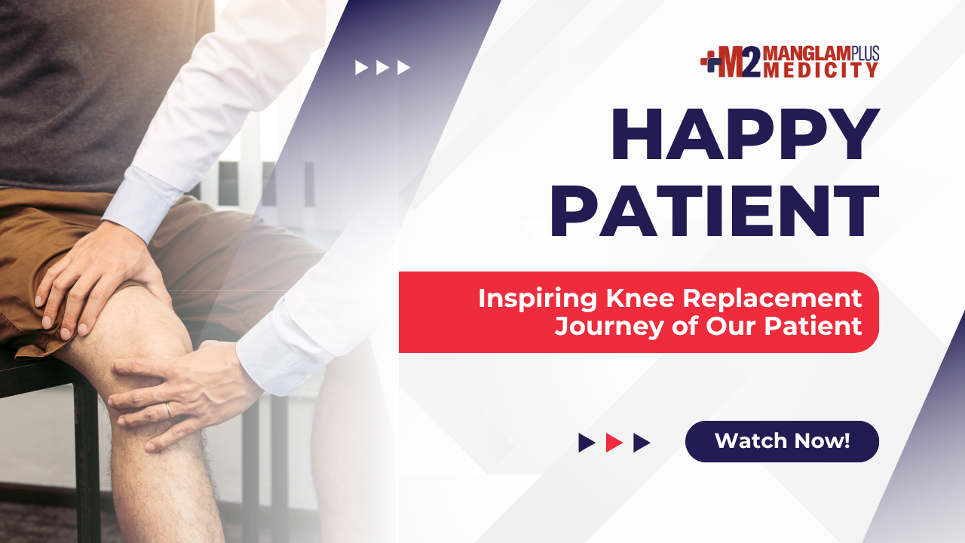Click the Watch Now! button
(782, 441)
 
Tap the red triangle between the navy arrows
(614, 443)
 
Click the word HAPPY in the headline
(746, 134)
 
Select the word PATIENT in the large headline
(715, 210)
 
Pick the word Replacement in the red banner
(773, 299)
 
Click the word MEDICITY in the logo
(821, 70)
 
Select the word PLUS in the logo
(865, 53)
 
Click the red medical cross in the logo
(709, 61)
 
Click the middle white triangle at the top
(382, 68)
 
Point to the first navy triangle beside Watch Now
(587, 443)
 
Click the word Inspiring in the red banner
(538, 299)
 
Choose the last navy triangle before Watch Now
(642, 443)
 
